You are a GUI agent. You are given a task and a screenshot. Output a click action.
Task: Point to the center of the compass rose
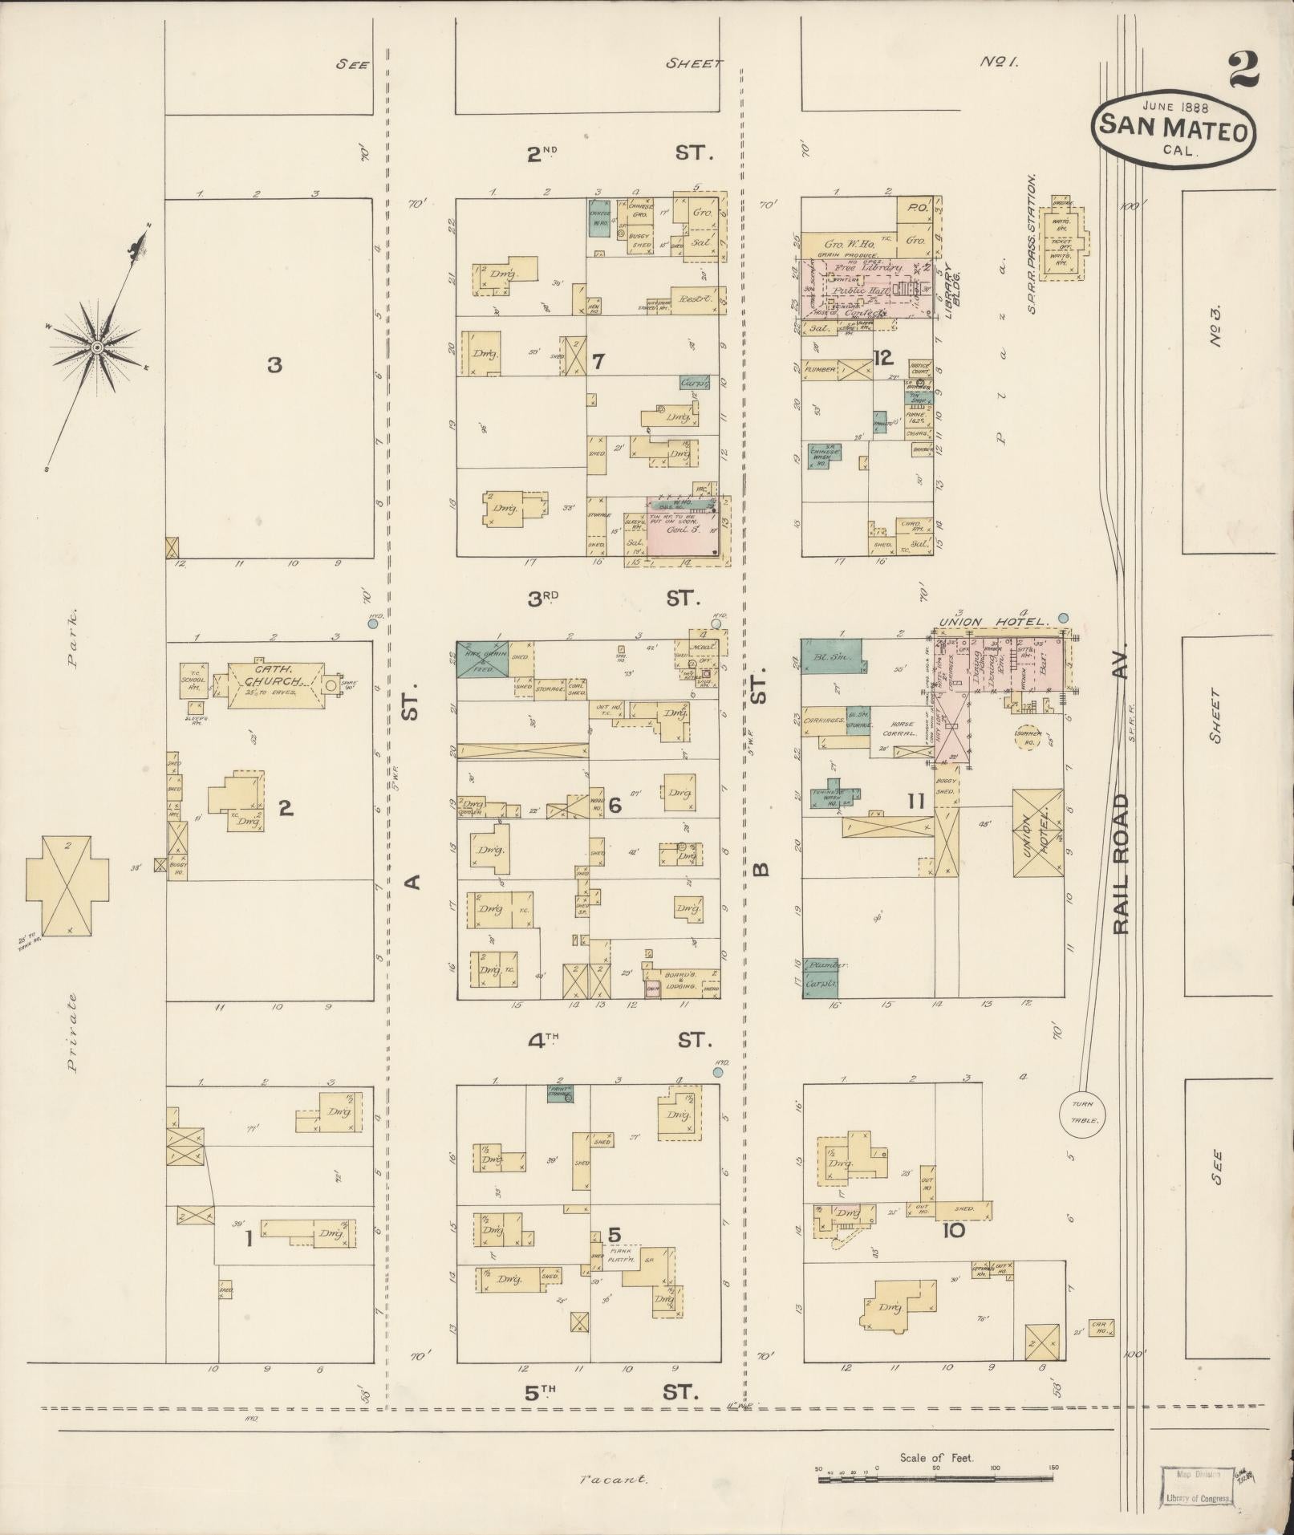point(96,347)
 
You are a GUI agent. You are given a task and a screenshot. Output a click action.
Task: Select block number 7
point(598,362)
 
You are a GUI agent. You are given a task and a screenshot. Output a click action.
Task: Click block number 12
point(883,356)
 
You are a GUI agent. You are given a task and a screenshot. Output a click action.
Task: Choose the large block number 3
point(274,366)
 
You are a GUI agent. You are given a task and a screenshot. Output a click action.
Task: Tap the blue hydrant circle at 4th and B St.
point(719,1071)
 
